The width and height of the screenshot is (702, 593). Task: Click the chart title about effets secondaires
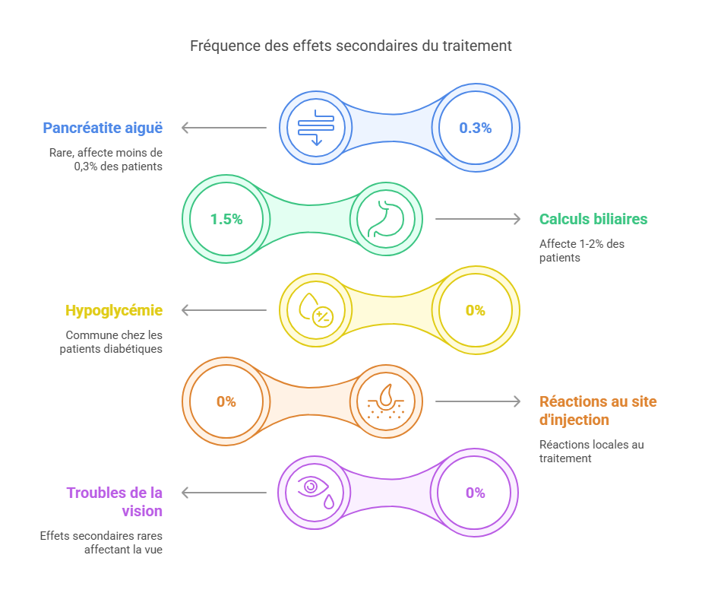click(x=350, y=46)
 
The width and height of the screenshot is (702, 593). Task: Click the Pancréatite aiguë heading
click(x=103, y=128)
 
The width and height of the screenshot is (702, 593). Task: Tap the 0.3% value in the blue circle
click(x=476, y=128)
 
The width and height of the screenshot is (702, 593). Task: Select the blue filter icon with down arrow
click(x=316, y=128)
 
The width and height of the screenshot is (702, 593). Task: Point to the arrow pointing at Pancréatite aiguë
click(x=224, y=128)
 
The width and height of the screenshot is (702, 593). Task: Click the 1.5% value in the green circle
click(x=226, y=219)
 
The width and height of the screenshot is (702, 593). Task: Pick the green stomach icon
click(x=385, y=218)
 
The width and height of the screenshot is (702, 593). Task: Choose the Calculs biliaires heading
click(x=593, y=219)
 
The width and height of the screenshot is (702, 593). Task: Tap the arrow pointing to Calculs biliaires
click(x=478, y=219)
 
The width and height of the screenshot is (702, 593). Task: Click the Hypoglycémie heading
click(x=114, y=310)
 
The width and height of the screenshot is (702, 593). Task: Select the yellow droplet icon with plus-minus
click(x=316, y=310)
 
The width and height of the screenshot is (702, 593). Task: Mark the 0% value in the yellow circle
click(x=476, y=310)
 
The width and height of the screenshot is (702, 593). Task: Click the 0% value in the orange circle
click(x=226, y=401)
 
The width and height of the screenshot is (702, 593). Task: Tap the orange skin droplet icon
click(x=385, y=401)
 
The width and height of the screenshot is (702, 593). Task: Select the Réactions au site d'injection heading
click(x=598, y=411)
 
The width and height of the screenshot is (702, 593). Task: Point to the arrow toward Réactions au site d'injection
click(x=478, y=401)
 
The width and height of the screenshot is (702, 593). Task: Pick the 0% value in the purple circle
click(x=476, y=493)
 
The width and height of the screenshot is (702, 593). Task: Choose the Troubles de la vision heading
click(x=115, y=502)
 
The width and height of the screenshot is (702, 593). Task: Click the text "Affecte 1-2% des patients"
click(x=581, y=251)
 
